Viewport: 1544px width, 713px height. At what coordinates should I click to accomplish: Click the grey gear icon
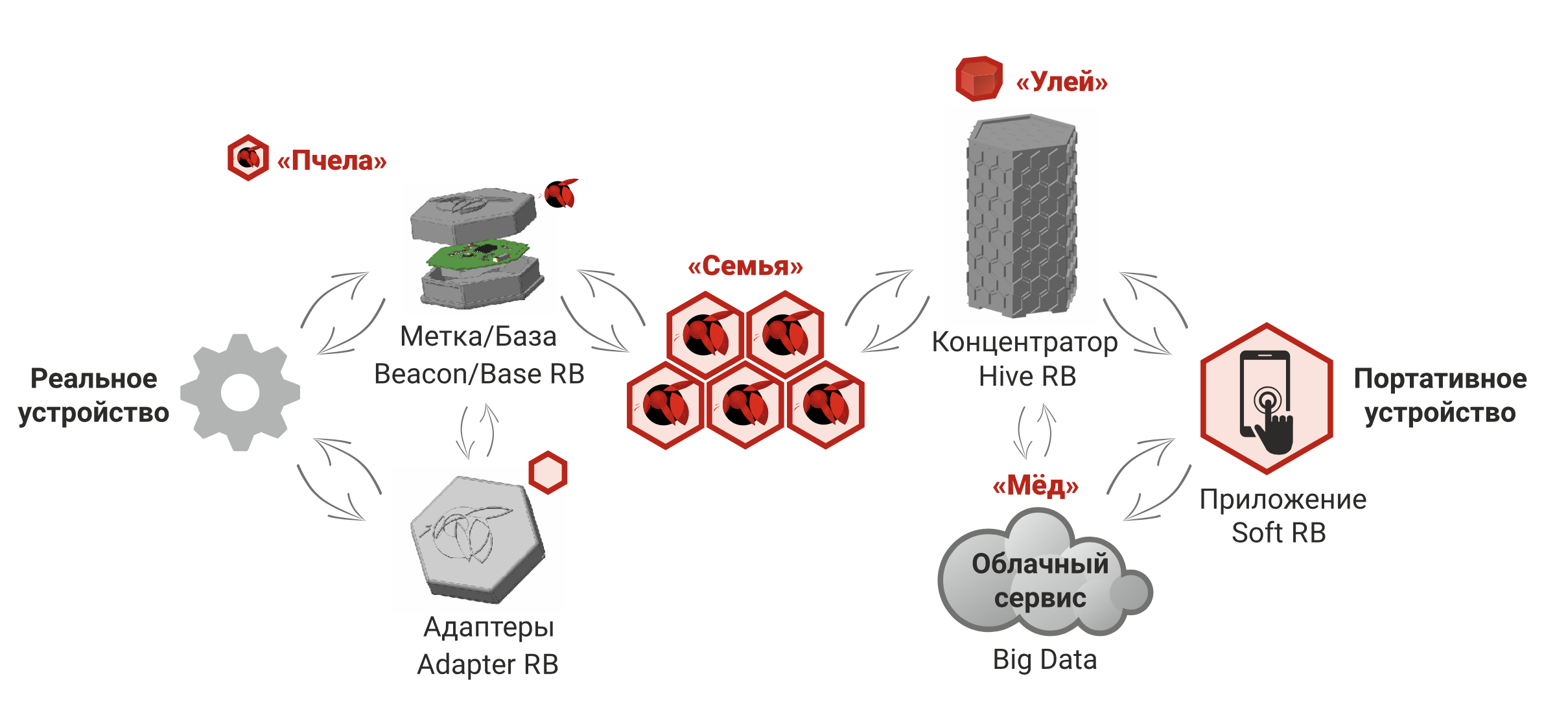click(x=240, y=392)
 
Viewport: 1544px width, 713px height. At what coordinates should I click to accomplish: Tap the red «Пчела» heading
click(x=332, y=160)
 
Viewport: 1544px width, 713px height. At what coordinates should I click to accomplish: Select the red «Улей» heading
click(x=1062, y=82)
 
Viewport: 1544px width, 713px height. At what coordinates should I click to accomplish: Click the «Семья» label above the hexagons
click(x=745, y=266)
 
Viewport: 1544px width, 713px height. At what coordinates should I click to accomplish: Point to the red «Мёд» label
click(x=1036, y=485)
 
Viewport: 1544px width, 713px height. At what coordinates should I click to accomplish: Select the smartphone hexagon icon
click(x=1267, y=399)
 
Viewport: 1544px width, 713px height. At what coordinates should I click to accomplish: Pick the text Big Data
click(x=1045, y=660)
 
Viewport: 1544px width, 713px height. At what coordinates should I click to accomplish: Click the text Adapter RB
click(x=488, y=664)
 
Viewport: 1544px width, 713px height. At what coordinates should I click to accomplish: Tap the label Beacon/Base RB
click(x=480, y=374)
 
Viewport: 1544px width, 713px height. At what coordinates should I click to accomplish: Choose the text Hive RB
click(x=1027, y=376)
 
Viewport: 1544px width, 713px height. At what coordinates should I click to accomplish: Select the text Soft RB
click(x=1279, y=533)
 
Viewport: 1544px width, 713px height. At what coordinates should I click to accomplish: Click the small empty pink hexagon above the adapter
click(x=548, y=473)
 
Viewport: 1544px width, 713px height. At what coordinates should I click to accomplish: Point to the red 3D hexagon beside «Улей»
click(x=979, y=79)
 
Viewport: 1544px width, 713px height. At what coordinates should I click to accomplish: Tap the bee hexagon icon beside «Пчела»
click(x=248, y=158)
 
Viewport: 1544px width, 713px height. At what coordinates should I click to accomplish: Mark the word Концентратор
click(x=1025, y=342)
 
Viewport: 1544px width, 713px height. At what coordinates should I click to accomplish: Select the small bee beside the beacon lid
click(x=559, y=193)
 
